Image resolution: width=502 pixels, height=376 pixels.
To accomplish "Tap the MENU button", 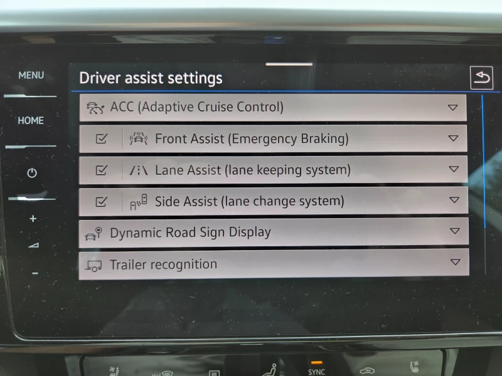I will (x=31, y=75).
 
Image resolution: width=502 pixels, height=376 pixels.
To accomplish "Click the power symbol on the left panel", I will (x=32, y=173).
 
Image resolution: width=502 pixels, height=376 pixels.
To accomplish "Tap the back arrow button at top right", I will (x=481, y=78).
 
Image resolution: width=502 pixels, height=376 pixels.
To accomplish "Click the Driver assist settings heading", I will (x=151, y=78).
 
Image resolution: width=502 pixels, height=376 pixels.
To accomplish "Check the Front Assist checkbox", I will (x=102, y=138).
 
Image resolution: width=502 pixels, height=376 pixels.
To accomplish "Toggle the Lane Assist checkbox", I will (x=102, y=170).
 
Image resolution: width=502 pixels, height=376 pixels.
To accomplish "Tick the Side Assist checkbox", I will (x=102, y=202).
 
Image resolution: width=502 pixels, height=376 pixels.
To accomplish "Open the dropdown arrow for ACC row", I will (x=453, y=107).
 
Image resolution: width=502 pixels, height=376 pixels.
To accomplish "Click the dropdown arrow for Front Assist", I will (x=454, y=138).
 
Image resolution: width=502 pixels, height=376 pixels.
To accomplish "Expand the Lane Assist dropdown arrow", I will (x=454, y=169).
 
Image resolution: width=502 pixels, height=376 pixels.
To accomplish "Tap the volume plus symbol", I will (x=33, y=219).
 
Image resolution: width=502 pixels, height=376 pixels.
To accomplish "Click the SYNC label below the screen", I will (x=317, y=372).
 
